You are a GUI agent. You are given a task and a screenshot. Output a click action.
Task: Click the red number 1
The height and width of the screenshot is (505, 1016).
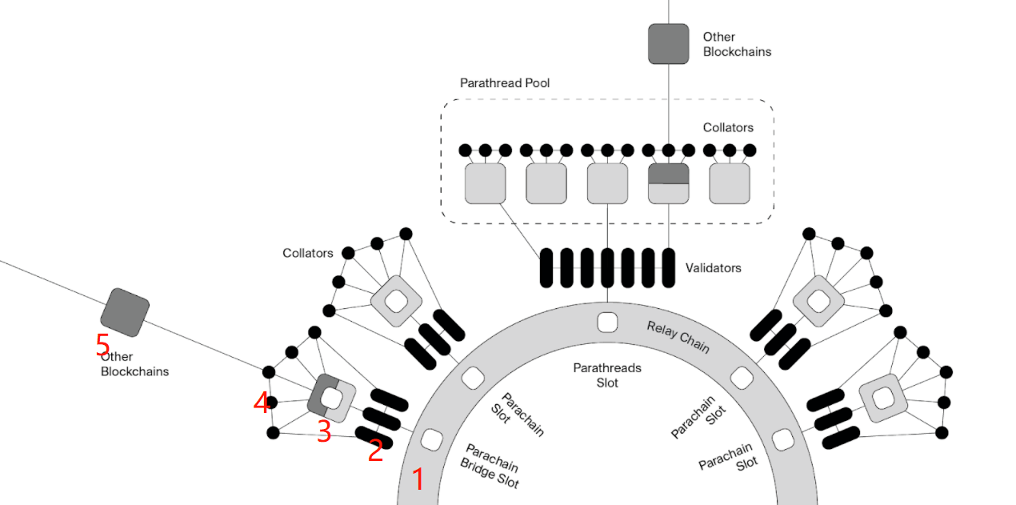click(x=418, y=479)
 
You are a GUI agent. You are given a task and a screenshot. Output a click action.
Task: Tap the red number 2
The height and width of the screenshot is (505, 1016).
click(x=375, y=451)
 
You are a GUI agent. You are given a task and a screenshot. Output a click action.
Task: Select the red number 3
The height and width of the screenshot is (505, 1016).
click(x=324, y=431)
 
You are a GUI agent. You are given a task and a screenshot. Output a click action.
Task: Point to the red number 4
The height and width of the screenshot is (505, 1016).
click(x=262, y=402)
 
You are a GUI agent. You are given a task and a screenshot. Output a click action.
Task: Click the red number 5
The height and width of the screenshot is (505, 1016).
click(x=102, y=344)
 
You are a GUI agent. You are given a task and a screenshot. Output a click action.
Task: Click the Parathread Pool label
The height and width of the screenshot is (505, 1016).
click(x=504, y=83)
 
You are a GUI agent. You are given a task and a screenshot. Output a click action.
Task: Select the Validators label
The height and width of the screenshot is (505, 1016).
click(x=713, y=268)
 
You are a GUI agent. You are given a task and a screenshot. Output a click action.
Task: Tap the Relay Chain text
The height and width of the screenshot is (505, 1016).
click(x=678, y=337)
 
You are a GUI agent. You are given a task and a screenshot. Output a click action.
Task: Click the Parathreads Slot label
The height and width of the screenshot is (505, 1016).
click(x=607, y=375)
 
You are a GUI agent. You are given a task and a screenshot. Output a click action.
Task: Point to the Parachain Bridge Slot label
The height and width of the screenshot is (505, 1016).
click(x=490, y=466)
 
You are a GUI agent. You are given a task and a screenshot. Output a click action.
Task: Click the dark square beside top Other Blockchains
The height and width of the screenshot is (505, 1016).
click(x=669, y=44)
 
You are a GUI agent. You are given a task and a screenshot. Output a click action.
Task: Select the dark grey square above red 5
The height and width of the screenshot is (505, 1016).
click(x=125, y=313)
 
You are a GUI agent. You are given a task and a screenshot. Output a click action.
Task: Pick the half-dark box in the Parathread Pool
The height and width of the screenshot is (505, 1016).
click(x=669, y=183)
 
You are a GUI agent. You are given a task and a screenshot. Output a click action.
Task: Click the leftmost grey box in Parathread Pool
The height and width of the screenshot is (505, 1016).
click(x=486, y=183)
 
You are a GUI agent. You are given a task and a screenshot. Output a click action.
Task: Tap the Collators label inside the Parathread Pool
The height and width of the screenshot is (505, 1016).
click(x=728, y=127)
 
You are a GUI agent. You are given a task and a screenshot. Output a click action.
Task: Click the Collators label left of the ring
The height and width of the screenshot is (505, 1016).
click(x=307, y=253)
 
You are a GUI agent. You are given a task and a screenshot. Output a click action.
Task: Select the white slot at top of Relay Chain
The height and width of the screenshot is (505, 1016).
click(x=607, y=323)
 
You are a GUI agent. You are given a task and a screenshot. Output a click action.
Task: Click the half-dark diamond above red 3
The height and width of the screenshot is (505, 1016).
click(x=331, y=399)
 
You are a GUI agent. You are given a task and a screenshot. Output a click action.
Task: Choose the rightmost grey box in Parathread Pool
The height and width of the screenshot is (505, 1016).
click(x=730, y=183)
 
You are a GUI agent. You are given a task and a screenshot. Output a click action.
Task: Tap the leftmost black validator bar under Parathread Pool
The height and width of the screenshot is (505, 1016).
click(x=546, y=267)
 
